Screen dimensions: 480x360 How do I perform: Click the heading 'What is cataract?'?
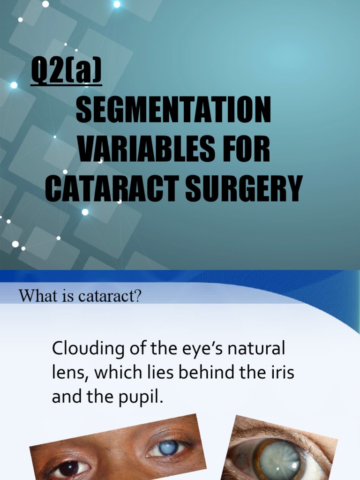(x=80, y=297)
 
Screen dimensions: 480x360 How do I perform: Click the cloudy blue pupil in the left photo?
(x=168, y=448)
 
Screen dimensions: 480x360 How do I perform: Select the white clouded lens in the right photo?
(x=279, y=461)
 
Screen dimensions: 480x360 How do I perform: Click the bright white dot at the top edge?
(x=117, y=4)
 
